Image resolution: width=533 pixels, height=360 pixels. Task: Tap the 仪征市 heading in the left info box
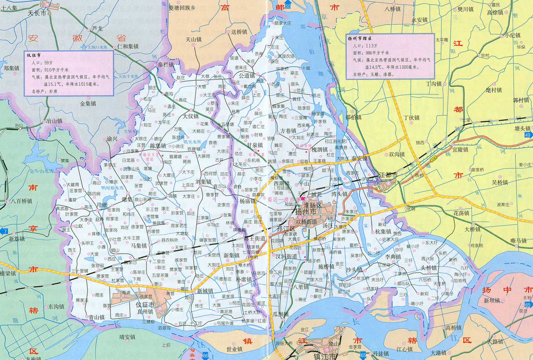34,55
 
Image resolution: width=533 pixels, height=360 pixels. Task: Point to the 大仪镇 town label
191,116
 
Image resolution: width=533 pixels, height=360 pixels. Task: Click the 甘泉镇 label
255,145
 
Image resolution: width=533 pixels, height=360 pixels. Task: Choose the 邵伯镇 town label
353,117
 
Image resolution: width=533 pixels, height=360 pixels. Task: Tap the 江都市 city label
388,175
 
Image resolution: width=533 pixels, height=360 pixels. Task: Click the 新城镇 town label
205,291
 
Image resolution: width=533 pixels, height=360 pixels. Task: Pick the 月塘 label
102,205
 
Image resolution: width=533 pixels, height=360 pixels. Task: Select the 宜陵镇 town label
460,149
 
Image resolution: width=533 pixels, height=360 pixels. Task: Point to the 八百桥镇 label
21,201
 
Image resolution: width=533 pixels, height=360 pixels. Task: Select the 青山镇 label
96,317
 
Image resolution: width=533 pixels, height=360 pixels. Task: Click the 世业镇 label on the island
234,349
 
